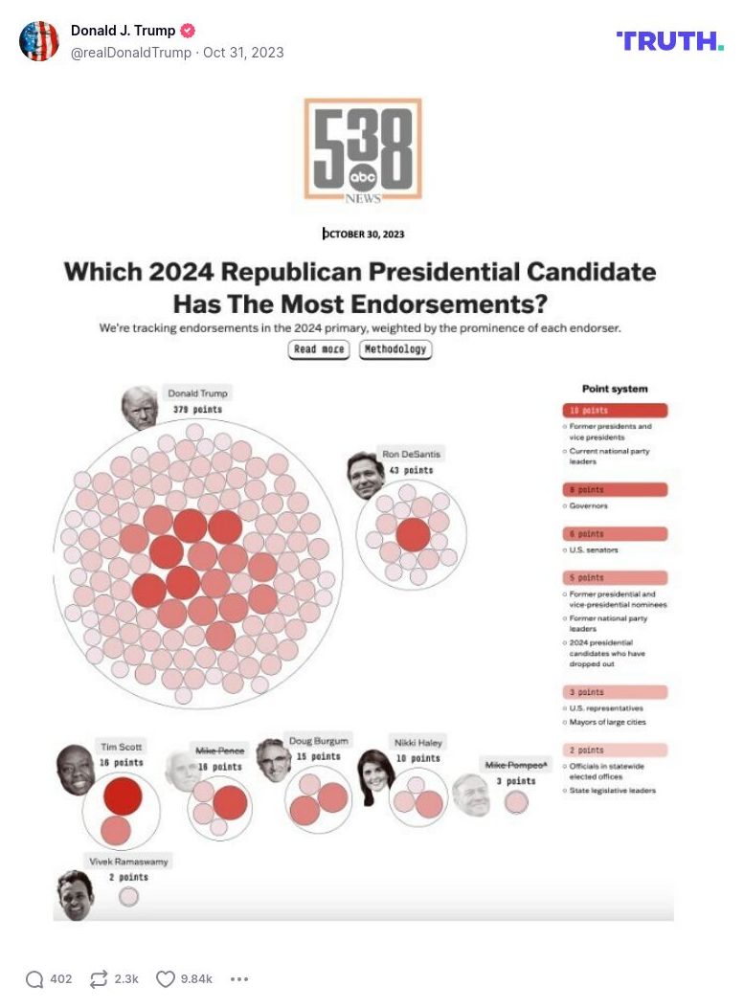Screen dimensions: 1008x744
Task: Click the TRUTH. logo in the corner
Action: [x=669, y=40]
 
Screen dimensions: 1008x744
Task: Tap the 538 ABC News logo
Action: [x=363, y=150]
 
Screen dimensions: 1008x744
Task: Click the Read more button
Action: [x=319, y=349]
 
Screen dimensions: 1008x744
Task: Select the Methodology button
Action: [x=395, y=349]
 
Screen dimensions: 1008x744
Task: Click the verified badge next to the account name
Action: [x=189, y=31]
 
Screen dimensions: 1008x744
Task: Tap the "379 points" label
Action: [x=197, y=410]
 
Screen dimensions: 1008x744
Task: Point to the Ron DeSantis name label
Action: [x=411, y=454]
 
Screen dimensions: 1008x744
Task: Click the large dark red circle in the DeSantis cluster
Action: [x=413, y=534]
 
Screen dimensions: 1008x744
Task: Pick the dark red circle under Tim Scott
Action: [x=123, y=795]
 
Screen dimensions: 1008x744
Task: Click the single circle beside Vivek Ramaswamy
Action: [x=128, y=897]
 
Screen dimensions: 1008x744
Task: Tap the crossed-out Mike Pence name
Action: [x=219, y=750]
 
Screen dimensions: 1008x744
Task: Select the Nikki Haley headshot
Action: [x=375, y=776]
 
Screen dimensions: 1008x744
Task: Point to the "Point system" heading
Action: [x=615, y=389]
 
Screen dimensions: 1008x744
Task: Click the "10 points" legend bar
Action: [x=614, y=411]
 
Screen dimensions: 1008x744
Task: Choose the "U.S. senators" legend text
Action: [x=594, y=550]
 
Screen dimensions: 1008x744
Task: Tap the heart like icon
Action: [x=166, y=978]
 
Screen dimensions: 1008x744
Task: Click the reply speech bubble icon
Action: [x=34, y=978]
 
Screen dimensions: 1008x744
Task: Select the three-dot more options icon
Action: [x=239, y=978]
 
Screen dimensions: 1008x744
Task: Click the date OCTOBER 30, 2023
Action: [x=363, y=234]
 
